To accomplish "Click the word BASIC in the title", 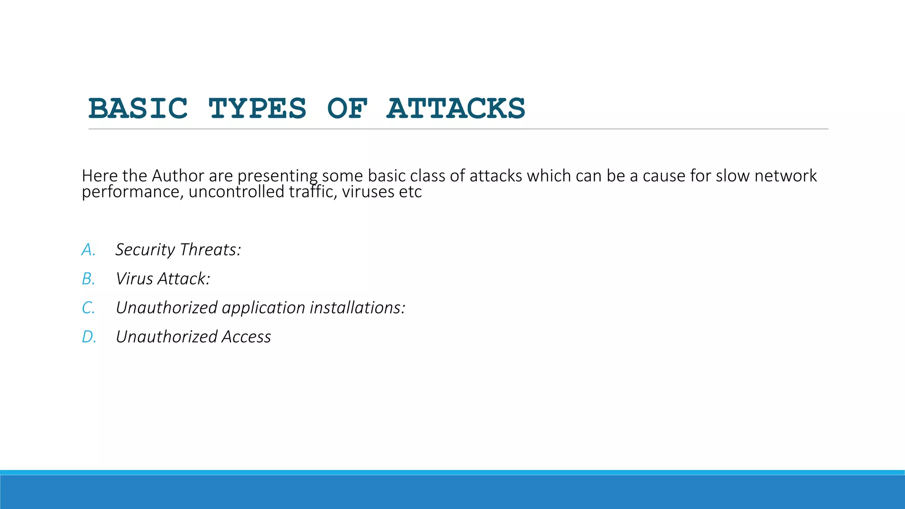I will pyautogui.click(x=138, y=109).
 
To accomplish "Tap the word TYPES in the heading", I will pyautogui.click(x=258, y=109).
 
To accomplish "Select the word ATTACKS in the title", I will pyautogui.click(x=456, y=109).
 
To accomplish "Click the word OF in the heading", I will pyautogui.click(x=347, y=109).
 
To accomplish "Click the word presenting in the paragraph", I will pyautogui.click(x=277, y=176).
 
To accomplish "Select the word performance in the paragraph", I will pyautogui.click(x=130, y=192).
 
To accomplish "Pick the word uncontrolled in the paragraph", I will pyautogui.click(x=236, y=192).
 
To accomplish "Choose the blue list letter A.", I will pyautogui.click(x=88, y=250).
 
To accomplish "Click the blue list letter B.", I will pyautogui.click(x=88, y=279).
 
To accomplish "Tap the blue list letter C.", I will pyautogui.click(x=88, y=308).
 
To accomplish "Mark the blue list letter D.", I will pyautogui.click(x=88, y=337).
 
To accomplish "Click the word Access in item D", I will pyautogui.click(x=246, y=337).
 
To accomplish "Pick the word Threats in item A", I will pyautogui.click(x=210, y=250).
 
